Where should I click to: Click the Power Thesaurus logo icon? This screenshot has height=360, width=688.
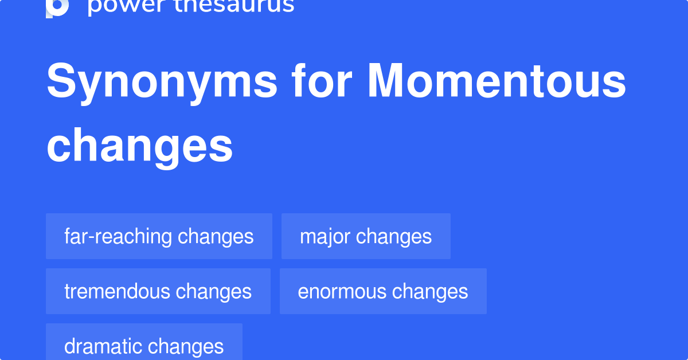(57, 8)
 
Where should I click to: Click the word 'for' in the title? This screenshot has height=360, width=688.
(322, 80)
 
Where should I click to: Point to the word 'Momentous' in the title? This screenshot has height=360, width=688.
(497, 81)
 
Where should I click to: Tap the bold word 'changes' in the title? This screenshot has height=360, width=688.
(140, 147)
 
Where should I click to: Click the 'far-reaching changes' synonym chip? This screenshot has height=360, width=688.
(159, 236)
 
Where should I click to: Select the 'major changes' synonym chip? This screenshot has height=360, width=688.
(366, 236)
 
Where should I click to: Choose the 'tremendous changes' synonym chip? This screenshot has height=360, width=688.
(158, 291)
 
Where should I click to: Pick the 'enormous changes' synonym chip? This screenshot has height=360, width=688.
(384, 291)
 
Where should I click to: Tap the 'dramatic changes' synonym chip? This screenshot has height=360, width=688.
(144, 342)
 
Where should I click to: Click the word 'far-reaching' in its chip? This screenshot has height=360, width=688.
(118, 237)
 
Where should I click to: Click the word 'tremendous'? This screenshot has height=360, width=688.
(118, 292)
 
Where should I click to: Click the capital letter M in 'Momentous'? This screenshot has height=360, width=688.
(385, 80)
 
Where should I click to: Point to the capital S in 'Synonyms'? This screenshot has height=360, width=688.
(61, 80)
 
